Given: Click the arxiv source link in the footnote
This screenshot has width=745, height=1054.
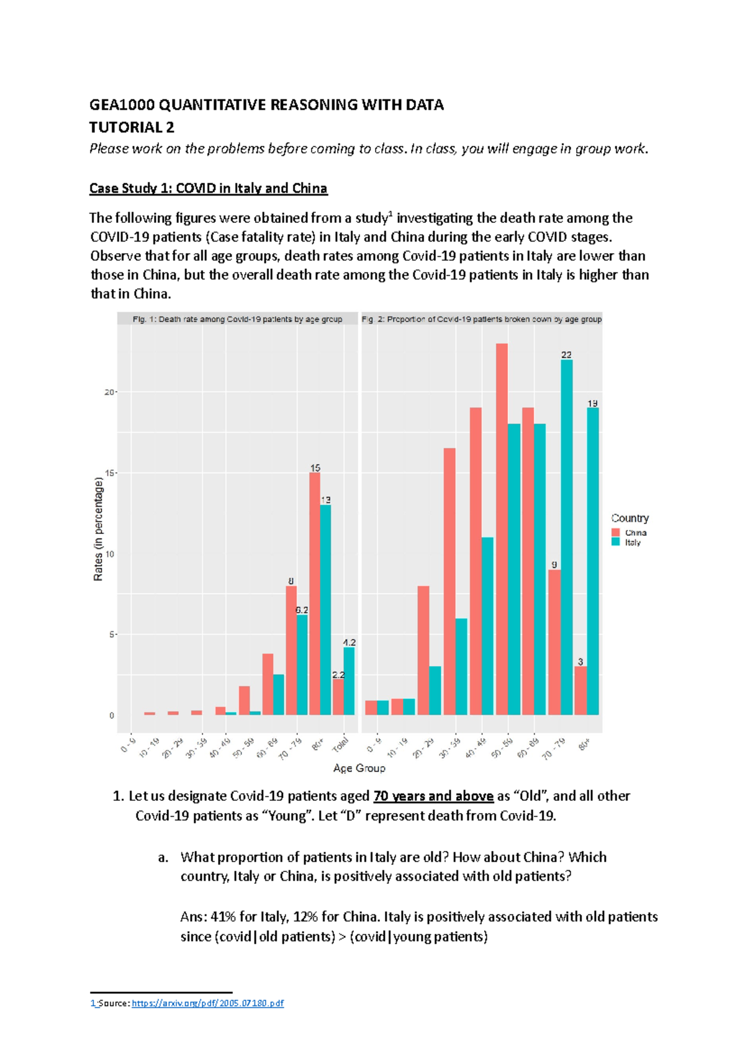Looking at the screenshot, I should (x=208, y=1002).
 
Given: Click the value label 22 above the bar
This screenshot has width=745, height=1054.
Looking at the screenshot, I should (x=566, y=355).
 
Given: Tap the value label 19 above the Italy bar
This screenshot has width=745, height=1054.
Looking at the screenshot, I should (x=593, y=403).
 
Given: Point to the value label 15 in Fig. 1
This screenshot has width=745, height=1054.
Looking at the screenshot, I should (x=315, y=468).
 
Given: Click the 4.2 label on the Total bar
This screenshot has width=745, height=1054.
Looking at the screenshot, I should (x=350, y=642).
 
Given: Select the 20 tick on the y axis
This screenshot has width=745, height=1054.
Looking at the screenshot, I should (x=109, y=392).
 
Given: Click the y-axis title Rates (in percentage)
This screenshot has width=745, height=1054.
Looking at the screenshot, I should (x=98, y=529).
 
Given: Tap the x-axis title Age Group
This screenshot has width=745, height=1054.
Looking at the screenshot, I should (x=359, y=768).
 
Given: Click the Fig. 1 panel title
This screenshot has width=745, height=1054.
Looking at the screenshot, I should (x=237, y=319).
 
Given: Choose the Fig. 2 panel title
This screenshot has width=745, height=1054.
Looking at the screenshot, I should (x=482, y=319).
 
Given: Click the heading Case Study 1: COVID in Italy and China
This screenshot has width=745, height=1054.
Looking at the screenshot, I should (x=208, y=188).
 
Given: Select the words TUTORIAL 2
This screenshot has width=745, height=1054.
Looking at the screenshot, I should (x=132, y=127).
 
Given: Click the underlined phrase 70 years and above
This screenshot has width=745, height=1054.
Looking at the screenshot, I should (x=433, y=796).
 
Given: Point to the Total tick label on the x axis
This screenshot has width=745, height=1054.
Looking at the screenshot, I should (x=340, y=744).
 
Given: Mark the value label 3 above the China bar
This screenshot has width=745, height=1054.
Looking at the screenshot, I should (x=580, y=662).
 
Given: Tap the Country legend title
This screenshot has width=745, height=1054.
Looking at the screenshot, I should (x=630, y=518).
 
